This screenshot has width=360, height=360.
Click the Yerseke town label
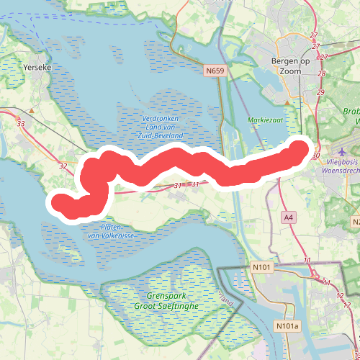pyautogui.click(x=37, y=66)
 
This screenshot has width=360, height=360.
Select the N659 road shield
pyautogui.click(x=214, y=71)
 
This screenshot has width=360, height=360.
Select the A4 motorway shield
pyautogui.click(x=288, y=217)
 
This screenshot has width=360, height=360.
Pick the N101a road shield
pyautogui.click(x=287, y=326)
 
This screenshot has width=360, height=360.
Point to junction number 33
pyautogui.click(x=20, y=124)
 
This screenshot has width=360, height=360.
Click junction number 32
pyautogui.click(x=63, y=166)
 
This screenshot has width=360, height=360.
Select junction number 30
pyautogui.click(x=316, y=155)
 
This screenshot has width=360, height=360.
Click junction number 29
pyautogui.click(x=320, y=92)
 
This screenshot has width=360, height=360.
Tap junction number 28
pyautogui.click(x=321, y=73)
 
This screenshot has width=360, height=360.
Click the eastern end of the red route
pyautogui.click(x=299, y=146)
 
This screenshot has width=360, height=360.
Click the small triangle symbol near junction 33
pyautogui.click(x=32, y=111)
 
